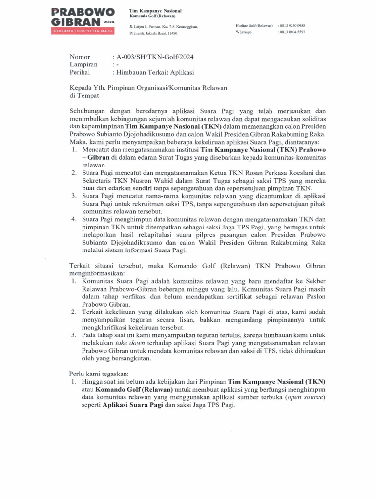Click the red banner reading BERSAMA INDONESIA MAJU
83,31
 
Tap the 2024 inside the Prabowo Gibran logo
108,21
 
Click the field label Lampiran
83,64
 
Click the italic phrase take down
121,343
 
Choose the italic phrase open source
305,397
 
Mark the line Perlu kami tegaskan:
99,374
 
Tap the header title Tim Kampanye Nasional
155,11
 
